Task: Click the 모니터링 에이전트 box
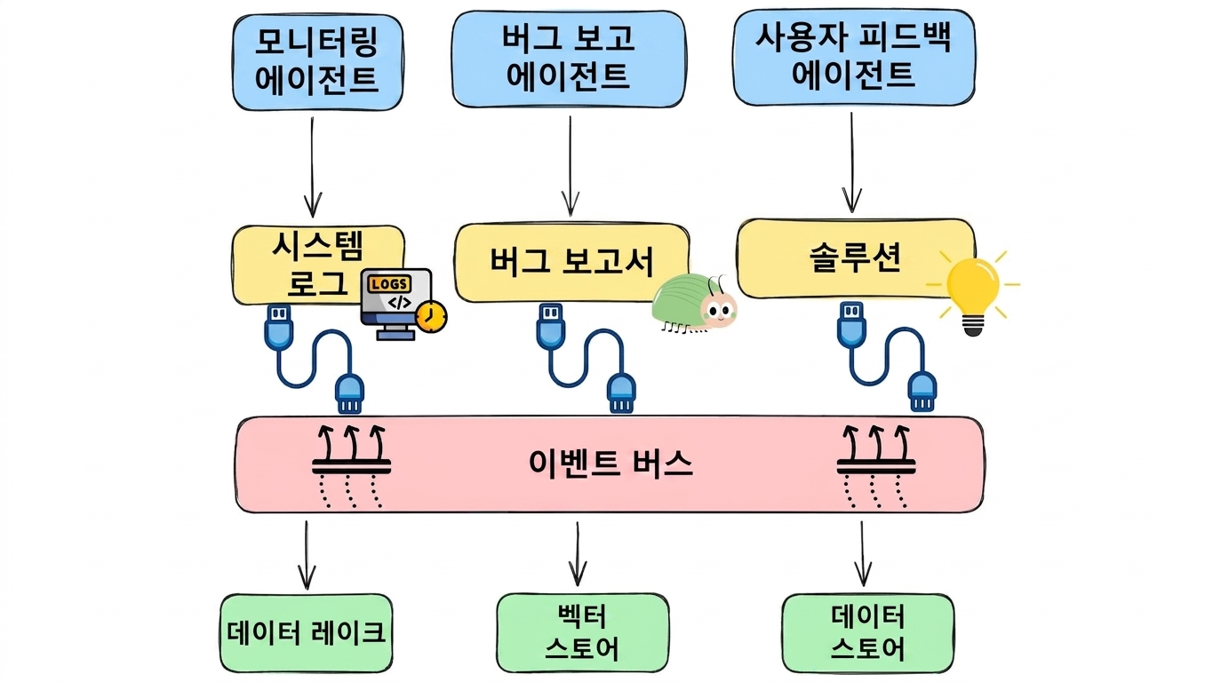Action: click(x=318, y=62)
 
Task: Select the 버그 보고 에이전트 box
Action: click(x=569, y=59)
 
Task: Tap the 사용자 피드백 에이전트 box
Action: click(x=854, y=57)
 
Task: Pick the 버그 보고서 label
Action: click(x=572, y=262)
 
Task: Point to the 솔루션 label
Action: click(x=855, y=258)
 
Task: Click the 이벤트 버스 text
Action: click(x=610, y=464)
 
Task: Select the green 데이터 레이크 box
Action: click(x=307, y=633)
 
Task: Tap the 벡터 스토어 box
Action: click(x=583, y=633)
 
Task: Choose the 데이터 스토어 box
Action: click(x=868, y=633)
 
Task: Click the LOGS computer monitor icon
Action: click(x=397, y=303)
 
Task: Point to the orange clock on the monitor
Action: click(x=432, y=317)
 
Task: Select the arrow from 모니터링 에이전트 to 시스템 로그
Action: click(x=313, y=168)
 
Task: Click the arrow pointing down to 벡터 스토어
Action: click(x=578, y=554)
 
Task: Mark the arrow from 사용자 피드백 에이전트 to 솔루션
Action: click(x=852, y=163)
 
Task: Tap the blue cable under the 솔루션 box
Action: click(x=887, y=356)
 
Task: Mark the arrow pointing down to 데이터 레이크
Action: click(x=307, y=555)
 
